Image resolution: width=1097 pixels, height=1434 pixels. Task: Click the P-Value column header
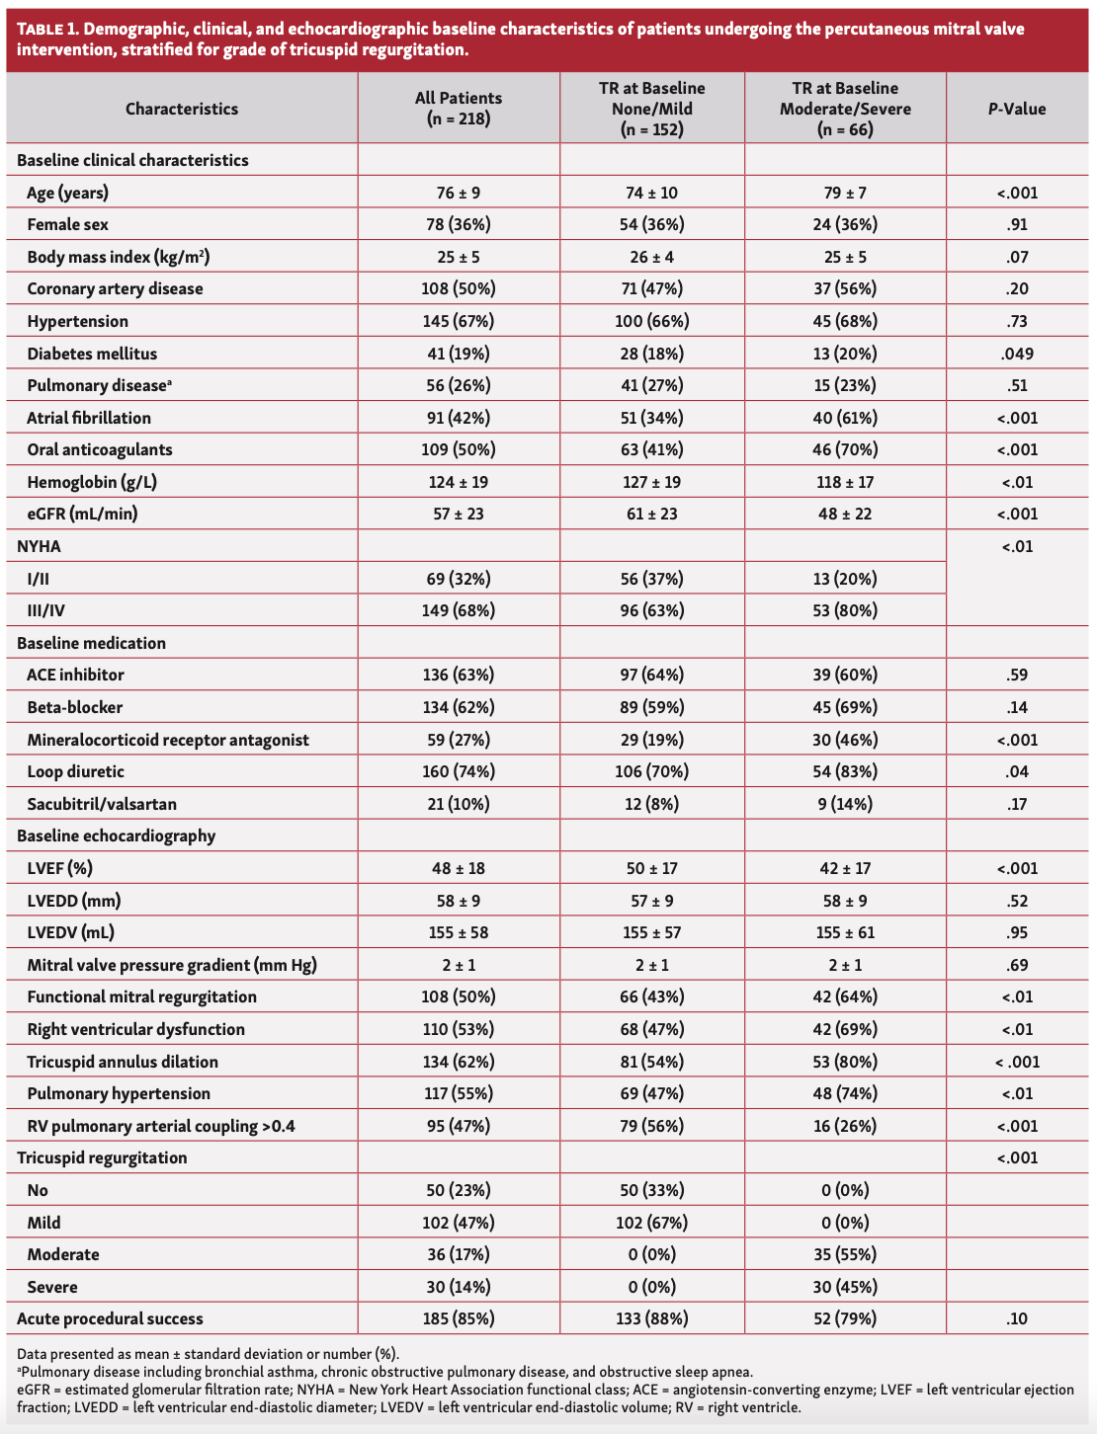[1017, 109]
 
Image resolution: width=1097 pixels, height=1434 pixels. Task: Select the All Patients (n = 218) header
[458, 109]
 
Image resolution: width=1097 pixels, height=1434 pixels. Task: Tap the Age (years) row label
[67, 193]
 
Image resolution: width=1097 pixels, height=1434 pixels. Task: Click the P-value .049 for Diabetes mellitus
[1017, 354]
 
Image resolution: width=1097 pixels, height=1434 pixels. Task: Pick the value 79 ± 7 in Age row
[845, 193]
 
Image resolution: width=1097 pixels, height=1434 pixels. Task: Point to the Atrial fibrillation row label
[89, 418]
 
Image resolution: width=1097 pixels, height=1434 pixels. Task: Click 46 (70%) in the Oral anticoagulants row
[845, 449]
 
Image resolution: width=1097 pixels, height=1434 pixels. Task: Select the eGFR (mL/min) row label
[83, 514]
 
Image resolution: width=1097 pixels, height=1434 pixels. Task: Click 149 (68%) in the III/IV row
[458, 610]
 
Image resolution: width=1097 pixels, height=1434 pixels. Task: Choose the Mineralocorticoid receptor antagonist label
[168, 740]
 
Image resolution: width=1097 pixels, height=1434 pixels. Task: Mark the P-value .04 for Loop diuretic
[1017, 771]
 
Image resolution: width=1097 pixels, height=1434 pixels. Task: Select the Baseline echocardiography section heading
[116, 836]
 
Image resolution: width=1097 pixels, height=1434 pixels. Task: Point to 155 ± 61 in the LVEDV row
[845, 932]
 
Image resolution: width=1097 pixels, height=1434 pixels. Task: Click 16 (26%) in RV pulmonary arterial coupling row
[845, 1126]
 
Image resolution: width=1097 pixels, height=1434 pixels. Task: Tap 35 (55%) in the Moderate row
[845, 1254]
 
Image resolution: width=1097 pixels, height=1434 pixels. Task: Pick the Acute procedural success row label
[110, 1318]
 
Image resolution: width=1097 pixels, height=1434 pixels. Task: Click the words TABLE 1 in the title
[48, 29]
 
